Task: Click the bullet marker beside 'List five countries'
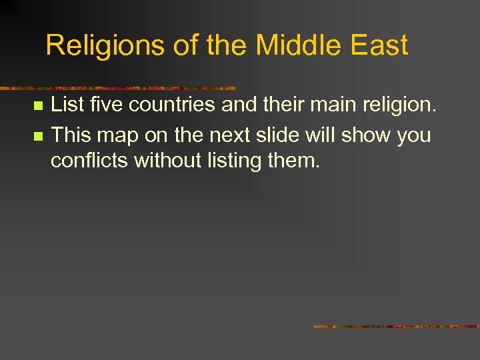38,106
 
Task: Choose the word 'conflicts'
90,160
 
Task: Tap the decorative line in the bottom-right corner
396,327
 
